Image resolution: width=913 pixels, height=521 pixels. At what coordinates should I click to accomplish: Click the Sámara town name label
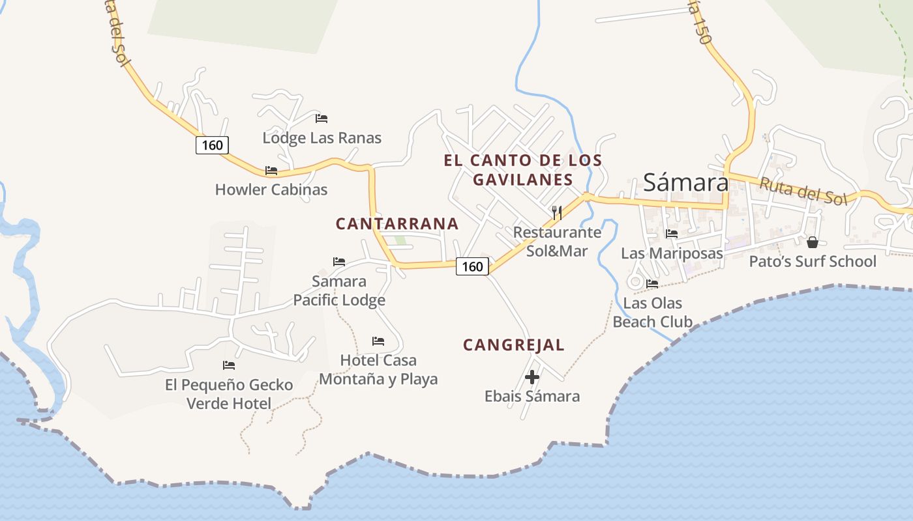coord(685,182)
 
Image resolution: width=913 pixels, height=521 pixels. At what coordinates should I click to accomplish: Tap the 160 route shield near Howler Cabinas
coord(212,145)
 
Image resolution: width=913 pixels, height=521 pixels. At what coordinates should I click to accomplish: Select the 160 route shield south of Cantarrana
coord(472,266)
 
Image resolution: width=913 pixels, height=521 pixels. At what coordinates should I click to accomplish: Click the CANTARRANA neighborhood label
coord(397,224)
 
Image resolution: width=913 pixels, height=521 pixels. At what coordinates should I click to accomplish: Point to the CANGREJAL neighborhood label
coord(514,345)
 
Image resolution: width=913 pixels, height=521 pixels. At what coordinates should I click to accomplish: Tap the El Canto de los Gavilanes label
coord(523,169)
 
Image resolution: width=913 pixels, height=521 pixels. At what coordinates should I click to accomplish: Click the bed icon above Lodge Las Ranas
coord(322,119)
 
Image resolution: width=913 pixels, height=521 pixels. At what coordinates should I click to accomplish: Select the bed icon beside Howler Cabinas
coord(271,171)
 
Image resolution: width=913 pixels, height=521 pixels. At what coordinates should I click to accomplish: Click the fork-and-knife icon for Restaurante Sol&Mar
coord(556,213)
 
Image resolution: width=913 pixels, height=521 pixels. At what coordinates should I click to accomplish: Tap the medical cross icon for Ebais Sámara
coord(532,376)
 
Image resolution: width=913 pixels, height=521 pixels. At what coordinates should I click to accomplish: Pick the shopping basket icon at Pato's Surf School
coord(813,242)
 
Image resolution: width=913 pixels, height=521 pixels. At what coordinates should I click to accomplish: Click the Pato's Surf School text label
coord(813,262)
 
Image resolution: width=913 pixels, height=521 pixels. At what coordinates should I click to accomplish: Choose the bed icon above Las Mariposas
coord(672,233)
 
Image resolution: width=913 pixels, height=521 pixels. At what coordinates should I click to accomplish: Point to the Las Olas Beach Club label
coord(652,313)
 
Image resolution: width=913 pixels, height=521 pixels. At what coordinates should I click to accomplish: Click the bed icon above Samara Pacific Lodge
coord(339,262)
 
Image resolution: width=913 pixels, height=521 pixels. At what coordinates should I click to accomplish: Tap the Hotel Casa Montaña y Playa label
coord(378,370)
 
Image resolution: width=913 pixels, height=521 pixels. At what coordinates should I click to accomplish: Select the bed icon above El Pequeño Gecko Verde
coord(228,365)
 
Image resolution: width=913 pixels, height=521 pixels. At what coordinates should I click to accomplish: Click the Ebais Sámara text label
coord(532,396)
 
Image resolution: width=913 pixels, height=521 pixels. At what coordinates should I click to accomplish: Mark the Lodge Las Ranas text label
coord(322,138)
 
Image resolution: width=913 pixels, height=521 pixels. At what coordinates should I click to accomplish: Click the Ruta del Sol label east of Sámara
coord(802,190)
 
